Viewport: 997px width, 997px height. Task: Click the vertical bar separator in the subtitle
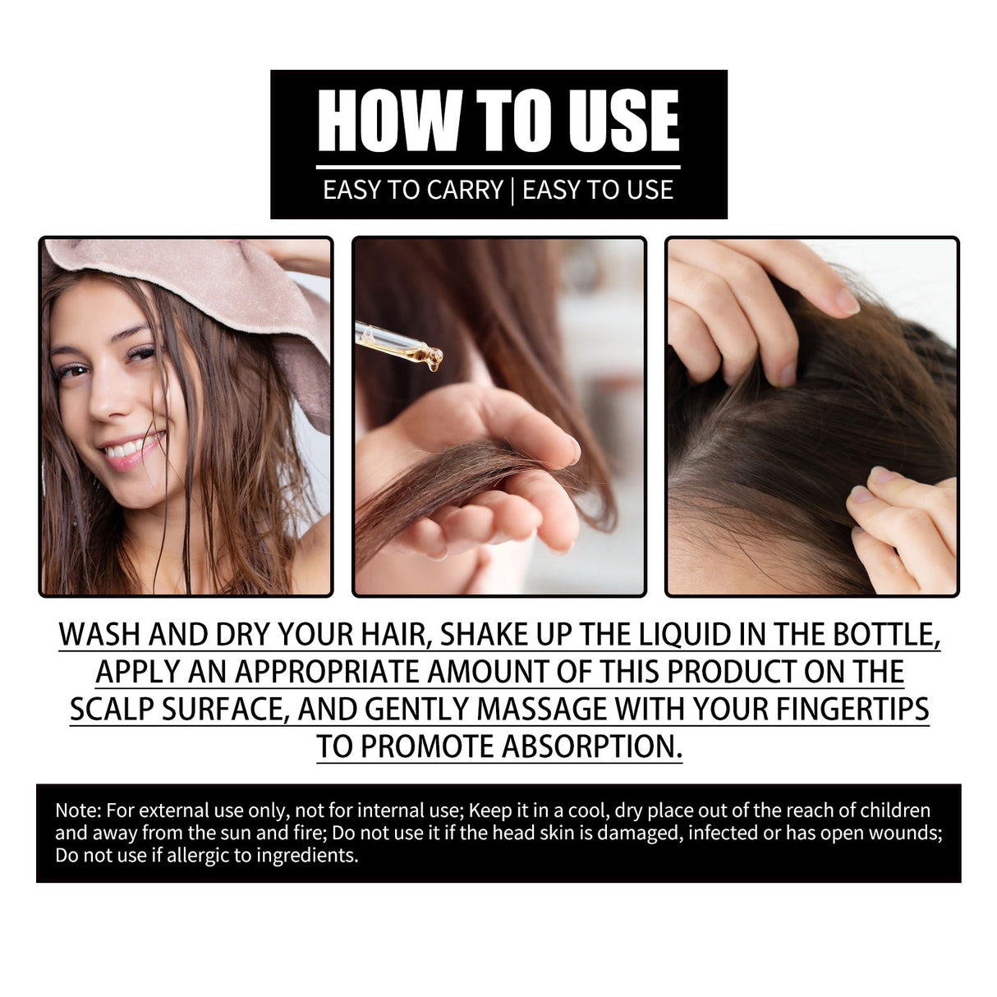pyautogui.click(x=512, y=191)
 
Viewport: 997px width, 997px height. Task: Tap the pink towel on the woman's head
pyautogui.click(x=205, y=287)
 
